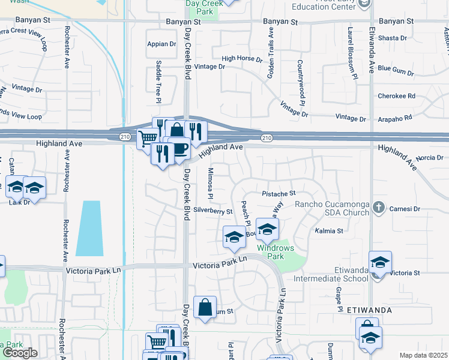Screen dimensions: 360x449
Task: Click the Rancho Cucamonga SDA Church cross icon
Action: click(378, 208)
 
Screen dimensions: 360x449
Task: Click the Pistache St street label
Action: click(279, 193)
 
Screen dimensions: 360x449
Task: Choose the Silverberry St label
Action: click(213, 211)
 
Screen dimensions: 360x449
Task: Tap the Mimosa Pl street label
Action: click(210, 184)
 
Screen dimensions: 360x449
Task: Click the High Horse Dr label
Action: click(242, 59)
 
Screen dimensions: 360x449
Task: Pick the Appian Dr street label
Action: click(161, 44)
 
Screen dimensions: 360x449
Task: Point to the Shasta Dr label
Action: click(393, 38)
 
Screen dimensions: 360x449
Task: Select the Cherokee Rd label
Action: click(396, 96)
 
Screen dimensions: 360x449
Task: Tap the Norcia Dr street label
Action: click(429, 158)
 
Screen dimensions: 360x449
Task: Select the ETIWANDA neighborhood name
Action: click(369, 310)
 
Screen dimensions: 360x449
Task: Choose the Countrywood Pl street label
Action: click(298, 82)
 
